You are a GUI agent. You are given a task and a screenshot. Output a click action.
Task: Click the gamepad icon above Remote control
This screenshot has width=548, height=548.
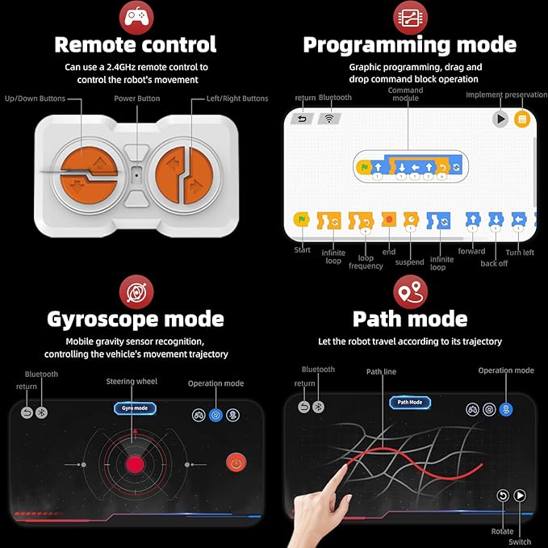[136, 15]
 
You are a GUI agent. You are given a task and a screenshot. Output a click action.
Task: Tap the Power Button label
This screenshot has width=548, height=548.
[136, 98]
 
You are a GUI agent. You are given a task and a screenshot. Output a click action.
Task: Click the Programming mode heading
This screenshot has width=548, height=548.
[409, 44]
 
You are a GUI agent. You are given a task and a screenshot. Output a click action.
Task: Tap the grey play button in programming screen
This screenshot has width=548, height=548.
[500, 119]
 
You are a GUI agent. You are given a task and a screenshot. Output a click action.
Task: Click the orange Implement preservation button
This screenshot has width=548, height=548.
[521, 119]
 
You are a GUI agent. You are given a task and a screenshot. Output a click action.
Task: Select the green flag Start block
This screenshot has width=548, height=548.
[302, 220]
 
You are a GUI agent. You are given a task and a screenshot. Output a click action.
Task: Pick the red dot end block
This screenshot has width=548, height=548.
[389, 220]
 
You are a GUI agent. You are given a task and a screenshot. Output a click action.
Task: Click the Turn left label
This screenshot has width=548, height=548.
[520, 253]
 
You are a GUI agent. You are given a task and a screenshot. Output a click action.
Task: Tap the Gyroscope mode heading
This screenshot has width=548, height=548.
[136, 318]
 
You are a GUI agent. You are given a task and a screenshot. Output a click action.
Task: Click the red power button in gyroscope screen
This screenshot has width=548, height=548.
[236, 463]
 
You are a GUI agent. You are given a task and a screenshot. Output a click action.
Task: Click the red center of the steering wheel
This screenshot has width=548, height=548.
[134, 464]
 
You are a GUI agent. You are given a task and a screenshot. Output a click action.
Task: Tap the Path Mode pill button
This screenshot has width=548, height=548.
[410, 402]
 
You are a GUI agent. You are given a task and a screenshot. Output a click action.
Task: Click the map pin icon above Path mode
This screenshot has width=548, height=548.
[410, 291]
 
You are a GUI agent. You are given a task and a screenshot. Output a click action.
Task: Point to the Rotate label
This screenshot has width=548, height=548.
[502, 531]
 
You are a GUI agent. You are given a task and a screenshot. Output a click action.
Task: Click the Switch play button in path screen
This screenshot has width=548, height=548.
[520, 496]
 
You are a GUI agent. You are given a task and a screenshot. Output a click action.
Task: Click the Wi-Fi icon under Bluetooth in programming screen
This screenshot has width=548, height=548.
[328, 119]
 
